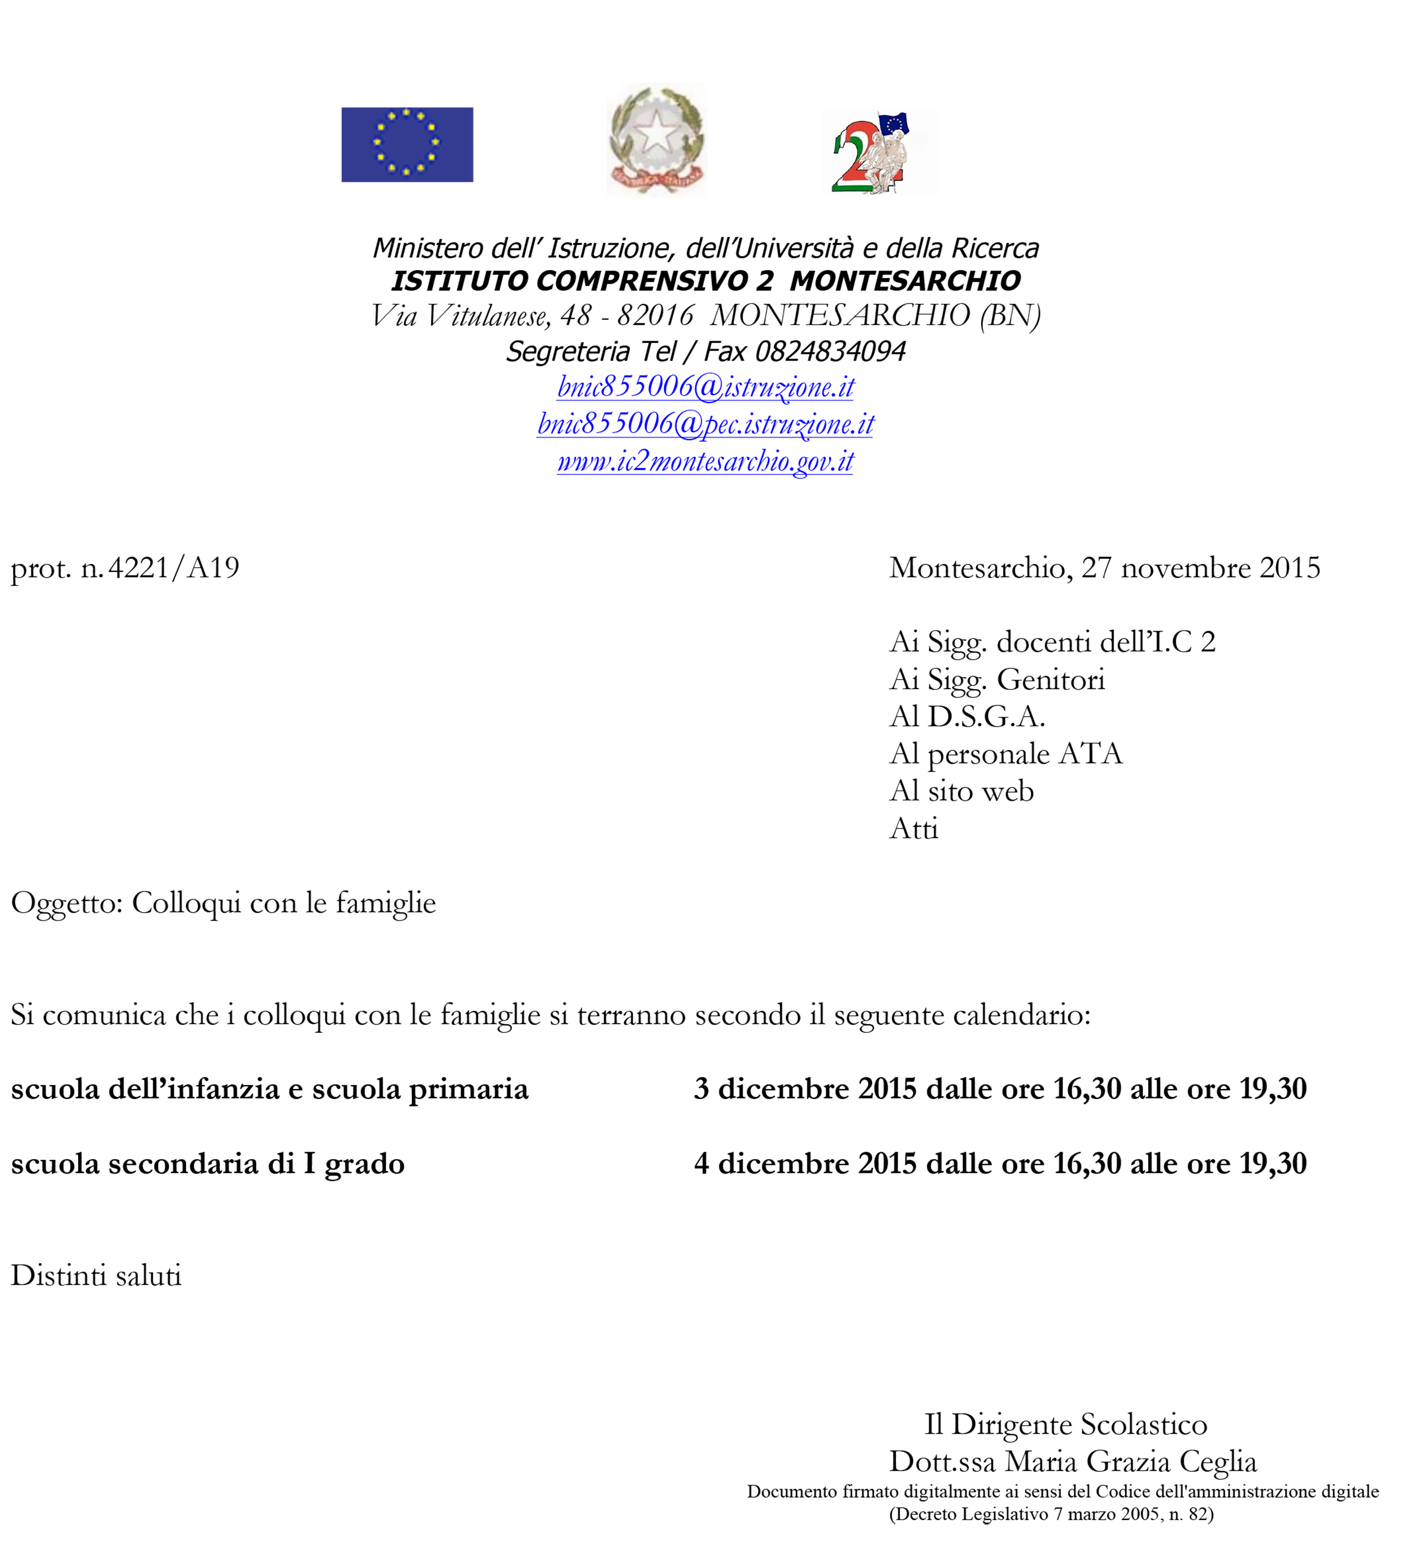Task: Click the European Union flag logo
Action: pos(407,145)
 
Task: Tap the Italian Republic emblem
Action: pos(656,140)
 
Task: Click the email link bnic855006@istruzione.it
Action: pos(705,387)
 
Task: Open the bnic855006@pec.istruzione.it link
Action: pos(705,423)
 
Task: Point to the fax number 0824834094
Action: pos(830,352)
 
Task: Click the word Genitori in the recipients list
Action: pos(1050,680)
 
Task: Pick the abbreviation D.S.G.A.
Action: pos(986,717)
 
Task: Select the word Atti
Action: pos(914,829)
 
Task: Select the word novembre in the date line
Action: pos(1185,568)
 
